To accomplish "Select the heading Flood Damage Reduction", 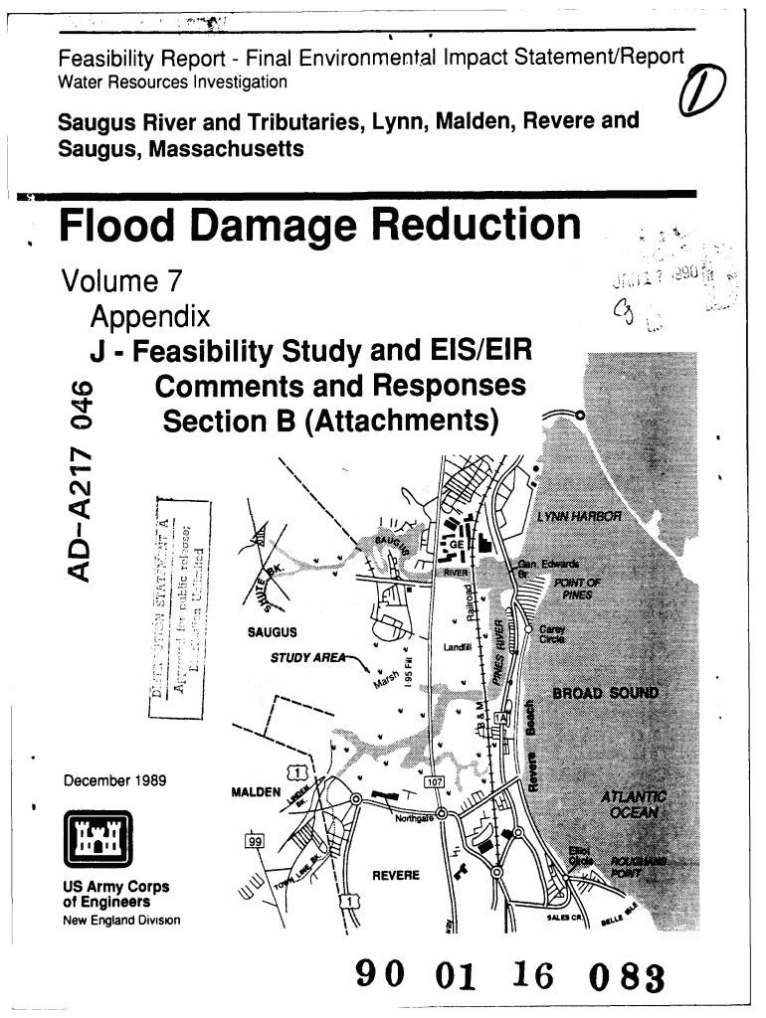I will [319, 225].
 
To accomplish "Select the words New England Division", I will [120, 919].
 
